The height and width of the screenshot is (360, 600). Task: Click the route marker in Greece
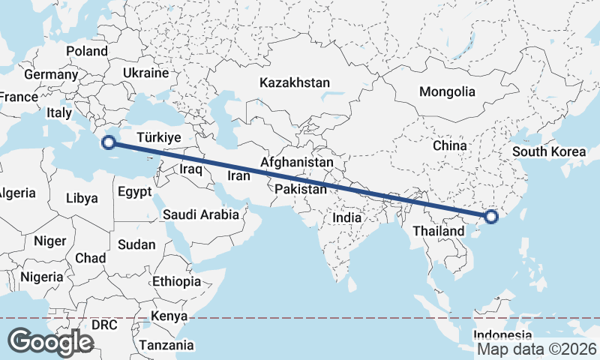click(109, 142)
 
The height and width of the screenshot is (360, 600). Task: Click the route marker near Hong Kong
click(491, 217)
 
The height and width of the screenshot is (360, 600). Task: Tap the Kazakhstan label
click(295, 82)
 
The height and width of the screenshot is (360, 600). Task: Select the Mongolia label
click(447, 91)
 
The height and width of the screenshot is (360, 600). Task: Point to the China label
click(450, 145)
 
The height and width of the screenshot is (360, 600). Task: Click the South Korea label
click(549, 151)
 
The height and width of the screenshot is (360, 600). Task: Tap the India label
click(347, 217)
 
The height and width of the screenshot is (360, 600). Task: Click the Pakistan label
click(301, 190)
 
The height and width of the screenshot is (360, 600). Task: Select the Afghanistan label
click(297, 162)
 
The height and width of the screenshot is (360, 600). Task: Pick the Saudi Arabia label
click(201, 214)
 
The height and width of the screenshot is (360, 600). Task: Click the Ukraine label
click(145, 73)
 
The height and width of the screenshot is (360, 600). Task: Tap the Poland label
click(87, 51)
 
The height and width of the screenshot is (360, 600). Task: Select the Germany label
click(51, 75)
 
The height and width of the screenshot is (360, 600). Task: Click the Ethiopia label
click(176, 281)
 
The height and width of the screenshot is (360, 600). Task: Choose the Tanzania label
click(166, 346)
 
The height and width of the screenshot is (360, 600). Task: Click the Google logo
click(50, 341)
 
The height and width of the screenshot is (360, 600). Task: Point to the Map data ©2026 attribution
click(537, 349)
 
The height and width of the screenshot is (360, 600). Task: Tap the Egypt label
click(136, 190)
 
